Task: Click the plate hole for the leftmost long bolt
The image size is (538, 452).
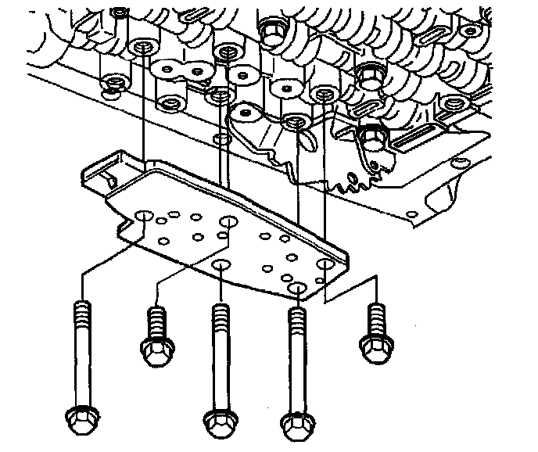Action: pos(143,214)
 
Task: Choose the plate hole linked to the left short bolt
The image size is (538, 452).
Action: pos(228,223)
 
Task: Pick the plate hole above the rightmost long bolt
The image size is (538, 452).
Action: pos(297,289)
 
